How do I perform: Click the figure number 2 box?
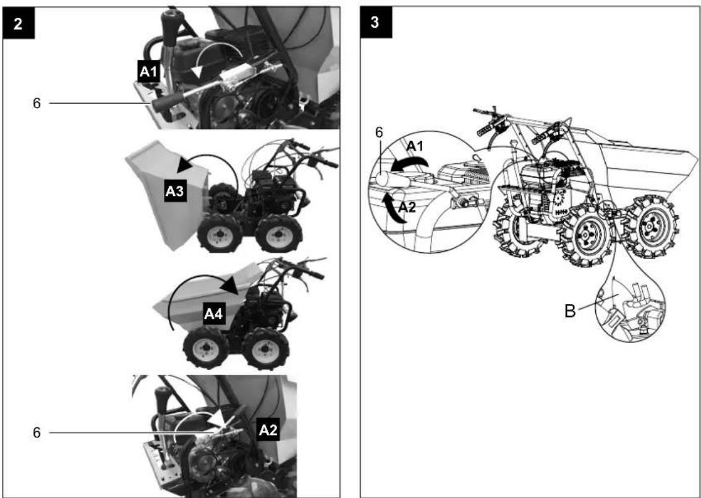[x=19, y=23]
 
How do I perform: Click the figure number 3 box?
[x=376, y=22]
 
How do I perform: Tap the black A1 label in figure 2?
[x=148, y=72]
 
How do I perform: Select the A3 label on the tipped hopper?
[x=176, y=192]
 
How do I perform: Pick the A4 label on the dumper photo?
[x=213, y=314]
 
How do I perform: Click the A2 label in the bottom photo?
[x=269, y=430]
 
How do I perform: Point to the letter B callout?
[x=570, y=311]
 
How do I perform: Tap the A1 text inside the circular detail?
[x=415, y=146]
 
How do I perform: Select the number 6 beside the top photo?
[x=36, y=103]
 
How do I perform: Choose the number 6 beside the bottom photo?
[x=36, y=433]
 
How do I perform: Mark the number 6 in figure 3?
[x=379, y=133]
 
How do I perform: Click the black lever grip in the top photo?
[x=167, y=102]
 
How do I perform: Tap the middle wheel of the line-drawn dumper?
[x=585, y=234]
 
